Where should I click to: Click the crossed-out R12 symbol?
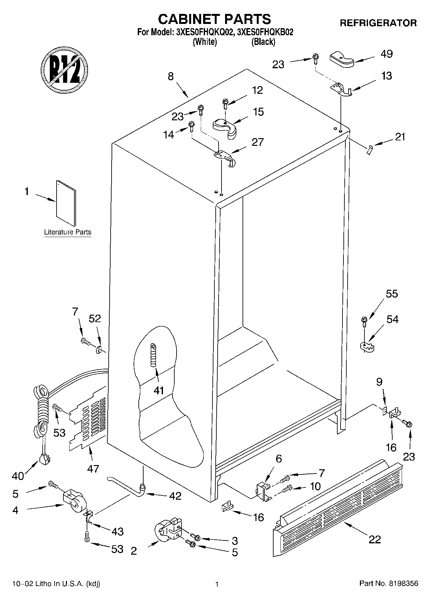[65, 69]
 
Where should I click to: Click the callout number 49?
[386, 54]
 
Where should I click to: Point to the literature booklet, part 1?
[66, 203]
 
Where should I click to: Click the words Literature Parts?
[68, 232]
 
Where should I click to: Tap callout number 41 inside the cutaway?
[159, 390]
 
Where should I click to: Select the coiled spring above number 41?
[153, 355]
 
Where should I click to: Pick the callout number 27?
[258, 142]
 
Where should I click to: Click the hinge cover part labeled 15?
[225, 127]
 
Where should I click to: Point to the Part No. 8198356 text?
[389, 583]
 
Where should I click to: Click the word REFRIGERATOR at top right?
[378, 23]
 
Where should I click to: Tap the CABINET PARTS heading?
[214, 19]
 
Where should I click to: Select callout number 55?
[392, 294]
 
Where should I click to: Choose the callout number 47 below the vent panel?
[93, 469]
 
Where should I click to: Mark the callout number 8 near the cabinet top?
[171, 76]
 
